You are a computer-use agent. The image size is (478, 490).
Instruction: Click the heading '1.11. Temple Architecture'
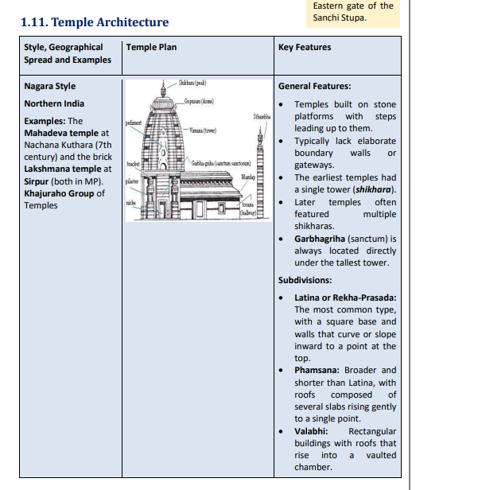coord(95,22)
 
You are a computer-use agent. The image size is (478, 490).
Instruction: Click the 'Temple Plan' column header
coord(151,48)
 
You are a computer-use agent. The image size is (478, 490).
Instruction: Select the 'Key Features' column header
coord(305,48)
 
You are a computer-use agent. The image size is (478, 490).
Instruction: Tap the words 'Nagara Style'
coord(50,86)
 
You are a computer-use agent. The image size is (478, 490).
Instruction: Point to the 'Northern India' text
coord(54,103)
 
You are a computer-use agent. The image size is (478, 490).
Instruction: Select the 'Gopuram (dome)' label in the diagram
coord(198,102)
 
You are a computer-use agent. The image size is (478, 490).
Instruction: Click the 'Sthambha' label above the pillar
coord(262,116)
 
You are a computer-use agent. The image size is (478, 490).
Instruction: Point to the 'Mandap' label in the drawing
coord(247,177)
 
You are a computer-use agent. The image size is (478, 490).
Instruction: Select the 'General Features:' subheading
coord(315,86)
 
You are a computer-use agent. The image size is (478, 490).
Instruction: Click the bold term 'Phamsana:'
coord(317,370)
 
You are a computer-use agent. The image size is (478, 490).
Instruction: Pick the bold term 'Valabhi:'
coord(312,431)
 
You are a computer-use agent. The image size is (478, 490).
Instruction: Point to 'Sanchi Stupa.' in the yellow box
coord(340,17)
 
